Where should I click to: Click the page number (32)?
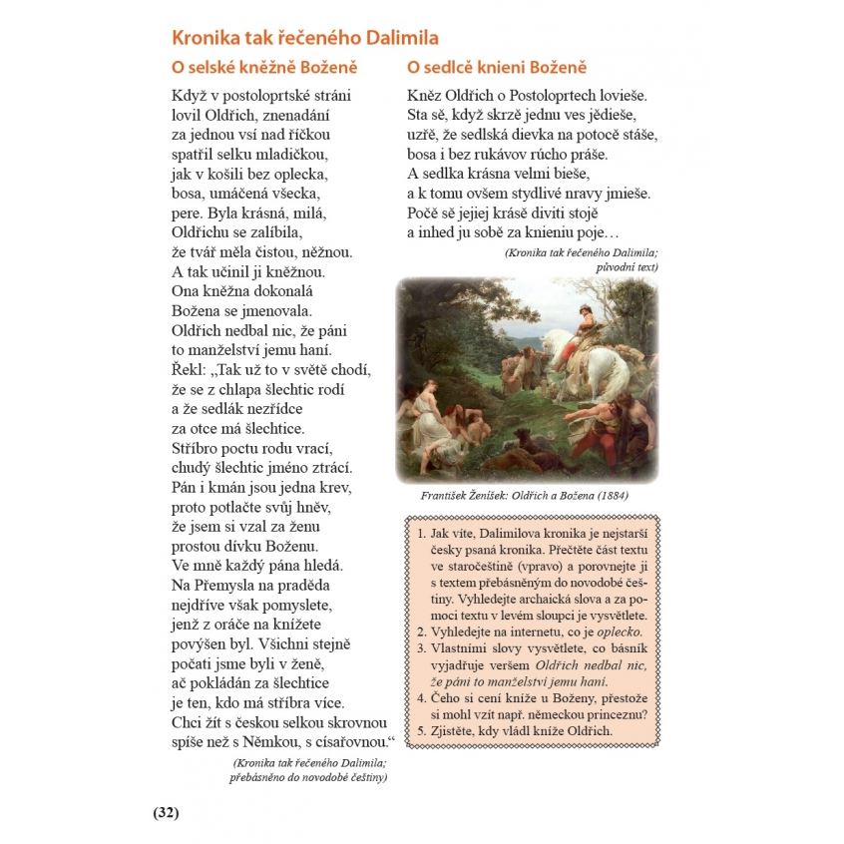tap(166, 812)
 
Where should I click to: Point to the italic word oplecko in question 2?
tap(619, 633)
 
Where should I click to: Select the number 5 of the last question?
tap(421, 730)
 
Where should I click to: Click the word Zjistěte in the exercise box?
tap(456, 730)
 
